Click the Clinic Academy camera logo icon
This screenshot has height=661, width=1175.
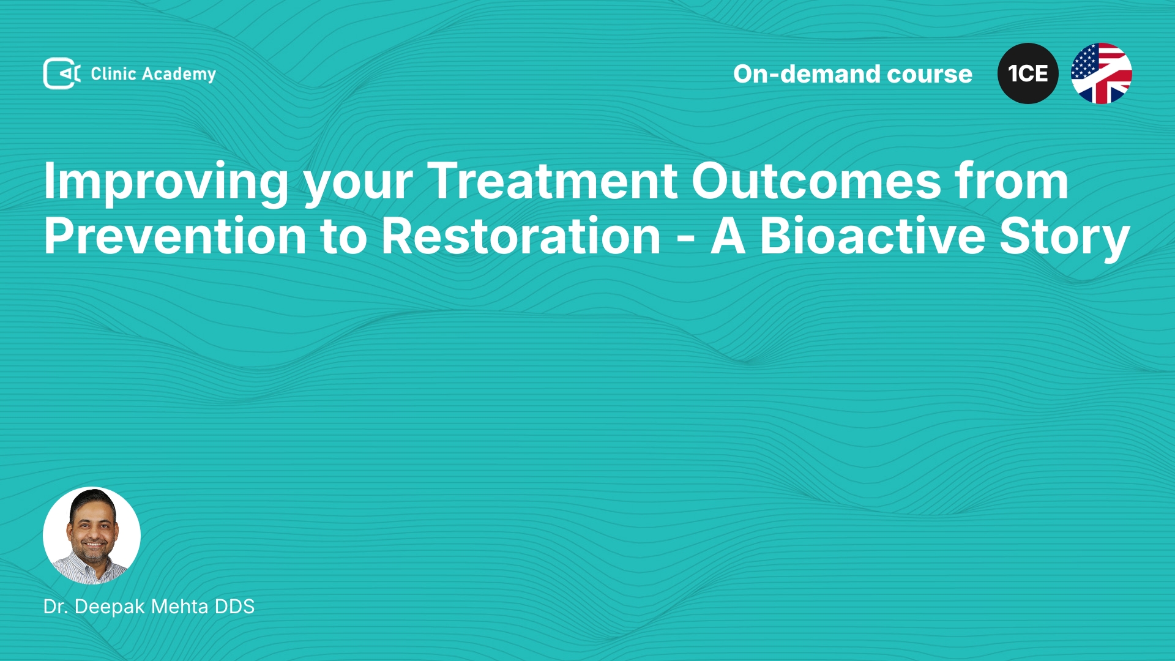(62, 73)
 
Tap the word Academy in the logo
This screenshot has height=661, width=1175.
(179, 75)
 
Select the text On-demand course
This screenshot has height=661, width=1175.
(852, 74)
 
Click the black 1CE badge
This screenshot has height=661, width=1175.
(1028, 73)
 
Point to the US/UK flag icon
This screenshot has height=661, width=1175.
(1102, 73)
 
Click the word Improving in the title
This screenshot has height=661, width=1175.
(166, 182)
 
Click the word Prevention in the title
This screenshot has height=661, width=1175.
(175, 236)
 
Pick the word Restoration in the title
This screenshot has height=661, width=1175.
(521, 236)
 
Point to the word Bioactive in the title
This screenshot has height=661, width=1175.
(872, 236)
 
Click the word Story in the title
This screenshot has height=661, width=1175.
(1064, 239)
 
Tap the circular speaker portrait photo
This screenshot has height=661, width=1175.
(92, 536)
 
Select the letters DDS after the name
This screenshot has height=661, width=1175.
(234, 607)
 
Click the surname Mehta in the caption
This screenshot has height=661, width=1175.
(180, 607)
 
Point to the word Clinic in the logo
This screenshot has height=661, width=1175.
(113, 73)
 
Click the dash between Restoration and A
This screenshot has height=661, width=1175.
(686, 239)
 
